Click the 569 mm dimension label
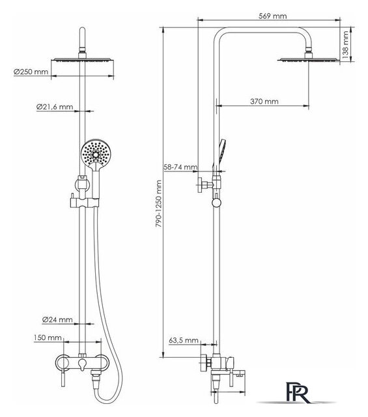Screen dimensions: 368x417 (x=272, y=16)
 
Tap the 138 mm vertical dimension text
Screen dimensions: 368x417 (x=345, y=45)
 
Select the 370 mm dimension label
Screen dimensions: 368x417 (x=264, y=102)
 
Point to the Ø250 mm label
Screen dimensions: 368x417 (x=31, y=72)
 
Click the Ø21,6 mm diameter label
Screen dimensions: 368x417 (x=55, y=107)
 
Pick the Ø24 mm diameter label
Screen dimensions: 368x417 (x=57, y=319)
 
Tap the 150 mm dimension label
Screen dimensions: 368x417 (x=48, y=338)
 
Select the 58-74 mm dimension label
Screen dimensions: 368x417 (x=180, y=167)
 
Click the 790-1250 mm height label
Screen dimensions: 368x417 (x=159, y=203)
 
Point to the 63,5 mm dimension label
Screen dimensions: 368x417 (x=184, y=340)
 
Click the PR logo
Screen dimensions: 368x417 (x=298, y=392)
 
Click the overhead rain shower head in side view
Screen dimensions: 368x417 (x=309, y=57)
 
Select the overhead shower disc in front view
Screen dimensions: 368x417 (x=83, y=59)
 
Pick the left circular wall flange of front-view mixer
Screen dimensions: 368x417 (x=63, y=362)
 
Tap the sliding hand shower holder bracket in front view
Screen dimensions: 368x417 (x=84, y=203)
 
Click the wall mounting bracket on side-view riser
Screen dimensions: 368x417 (x=209, y=184)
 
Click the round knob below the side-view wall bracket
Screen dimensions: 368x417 (x=216, y=203)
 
